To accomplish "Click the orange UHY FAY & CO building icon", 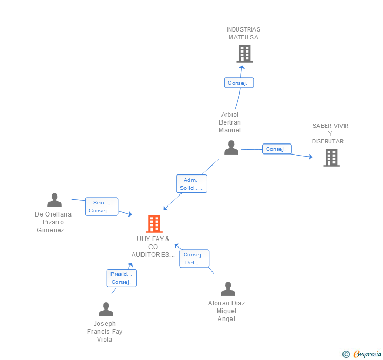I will click(154, 224).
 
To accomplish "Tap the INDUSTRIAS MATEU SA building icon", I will click(244, 54).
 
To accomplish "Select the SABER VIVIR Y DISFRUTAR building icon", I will click(331, 158).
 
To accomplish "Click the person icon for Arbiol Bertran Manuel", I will click(231, 148).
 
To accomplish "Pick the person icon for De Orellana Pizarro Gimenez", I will click(54, 200).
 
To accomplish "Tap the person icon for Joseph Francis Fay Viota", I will click(106, 310).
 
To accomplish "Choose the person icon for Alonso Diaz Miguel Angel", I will click(228, 289).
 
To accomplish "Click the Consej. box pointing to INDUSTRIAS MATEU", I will click(239, 83).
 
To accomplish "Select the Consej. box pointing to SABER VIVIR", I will click(276, 149).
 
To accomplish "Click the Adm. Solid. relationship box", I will click(191, 184).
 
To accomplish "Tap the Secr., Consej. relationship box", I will click(102, 207).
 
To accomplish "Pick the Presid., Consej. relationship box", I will click(121, 278).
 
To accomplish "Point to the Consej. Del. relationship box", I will click(194, 259).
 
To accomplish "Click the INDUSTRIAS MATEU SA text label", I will click(244, 34).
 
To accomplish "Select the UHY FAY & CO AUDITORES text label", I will click(153, 247).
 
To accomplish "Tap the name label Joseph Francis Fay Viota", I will click(105, 331).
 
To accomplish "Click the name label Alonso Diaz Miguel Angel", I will click(227, 311).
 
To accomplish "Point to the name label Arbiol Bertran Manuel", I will click(230, 122).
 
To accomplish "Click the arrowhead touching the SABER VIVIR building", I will click(310, 157).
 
